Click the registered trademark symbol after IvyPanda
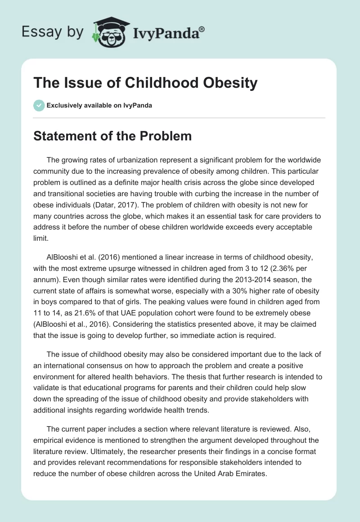(202, 29)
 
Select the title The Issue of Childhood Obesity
(145, 83)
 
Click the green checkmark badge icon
(39, 105)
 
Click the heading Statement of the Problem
(112, 136)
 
